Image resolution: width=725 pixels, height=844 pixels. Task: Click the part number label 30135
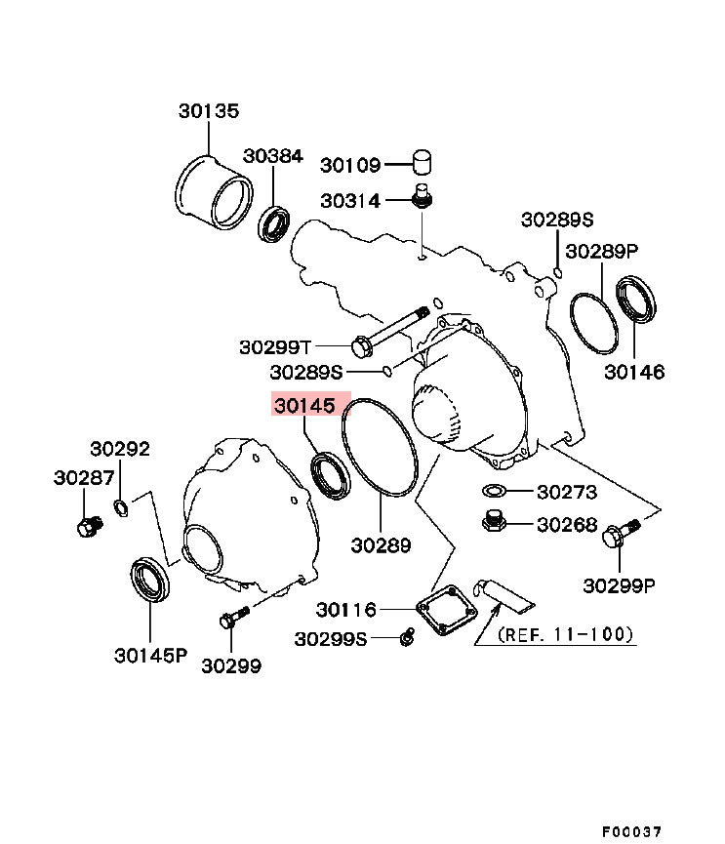coord(208,111)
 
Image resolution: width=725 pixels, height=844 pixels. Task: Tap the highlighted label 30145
coord(304,405)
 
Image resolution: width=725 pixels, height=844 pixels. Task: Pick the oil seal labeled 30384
coord(276,223)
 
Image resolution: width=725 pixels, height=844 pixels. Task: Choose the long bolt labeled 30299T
coord(390,332)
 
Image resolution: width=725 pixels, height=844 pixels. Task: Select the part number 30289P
coord(602,251)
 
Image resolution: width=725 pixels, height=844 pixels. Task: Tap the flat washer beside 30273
coord(495,491)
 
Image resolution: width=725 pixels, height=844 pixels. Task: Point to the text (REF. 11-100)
coord(566,634)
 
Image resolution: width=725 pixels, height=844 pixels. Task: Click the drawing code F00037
coord(630,831)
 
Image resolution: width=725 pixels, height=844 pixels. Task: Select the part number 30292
coord(120,449)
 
